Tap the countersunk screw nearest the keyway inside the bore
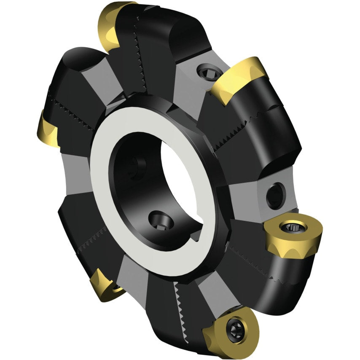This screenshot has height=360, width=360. coord(161,220)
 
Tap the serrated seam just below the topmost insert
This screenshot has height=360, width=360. coord(139,63)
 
